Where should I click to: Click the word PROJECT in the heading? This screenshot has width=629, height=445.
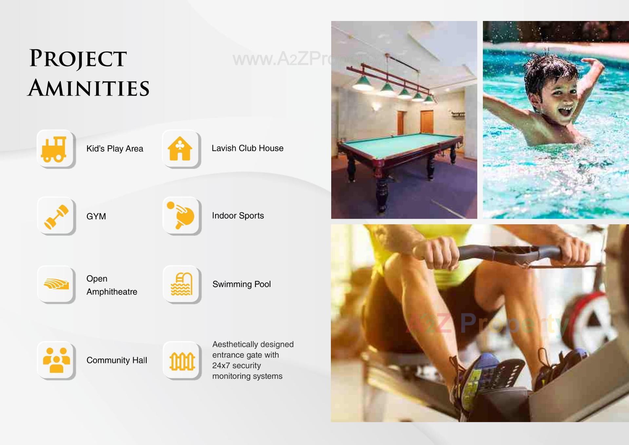pyautogui.click(x=78, y=58)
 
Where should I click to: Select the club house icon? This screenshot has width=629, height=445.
pyautogui.click(x=180, y=149)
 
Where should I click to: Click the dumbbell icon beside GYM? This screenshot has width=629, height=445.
pyautogui.click(x=56, y=216)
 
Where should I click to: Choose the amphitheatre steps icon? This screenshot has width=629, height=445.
pyautogui.click(x=56, y=284)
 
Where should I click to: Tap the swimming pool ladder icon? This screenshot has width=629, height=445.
pyautogui.click(x=181, y=284)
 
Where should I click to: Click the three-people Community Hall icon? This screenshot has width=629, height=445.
pyautogui.click(x=56, y=360)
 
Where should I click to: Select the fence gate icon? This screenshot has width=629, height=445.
pyautogui.click(x=182, y=361)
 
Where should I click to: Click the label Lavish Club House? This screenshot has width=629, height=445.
pyautogui.click(x=247, y=148)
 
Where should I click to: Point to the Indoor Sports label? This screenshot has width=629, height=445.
pyautogui.click(x=238, y=215)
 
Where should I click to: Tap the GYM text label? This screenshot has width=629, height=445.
pyautogui.click(x=96, y=216)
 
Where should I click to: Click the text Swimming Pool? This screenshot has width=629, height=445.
pyautogui.click(x=241, y=284)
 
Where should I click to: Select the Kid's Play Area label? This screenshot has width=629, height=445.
pyautogui.click(x=115, y=149)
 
